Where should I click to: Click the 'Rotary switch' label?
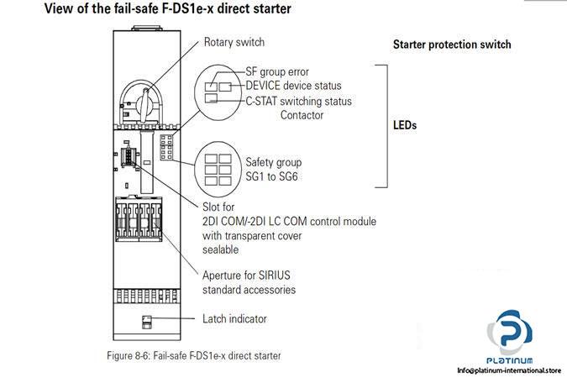tap(234, 41)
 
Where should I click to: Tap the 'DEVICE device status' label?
tap(293, 86)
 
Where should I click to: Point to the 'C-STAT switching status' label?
tap(298, 101)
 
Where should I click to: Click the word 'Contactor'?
tap(302, 115)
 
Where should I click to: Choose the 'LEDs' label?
tap(405, 126)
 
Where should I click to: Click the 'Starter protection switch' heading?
tap(451, 45)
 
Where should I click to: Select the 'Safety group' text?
tap(273, 161)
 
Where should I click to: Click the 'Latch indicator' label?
tap(234, 319)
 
